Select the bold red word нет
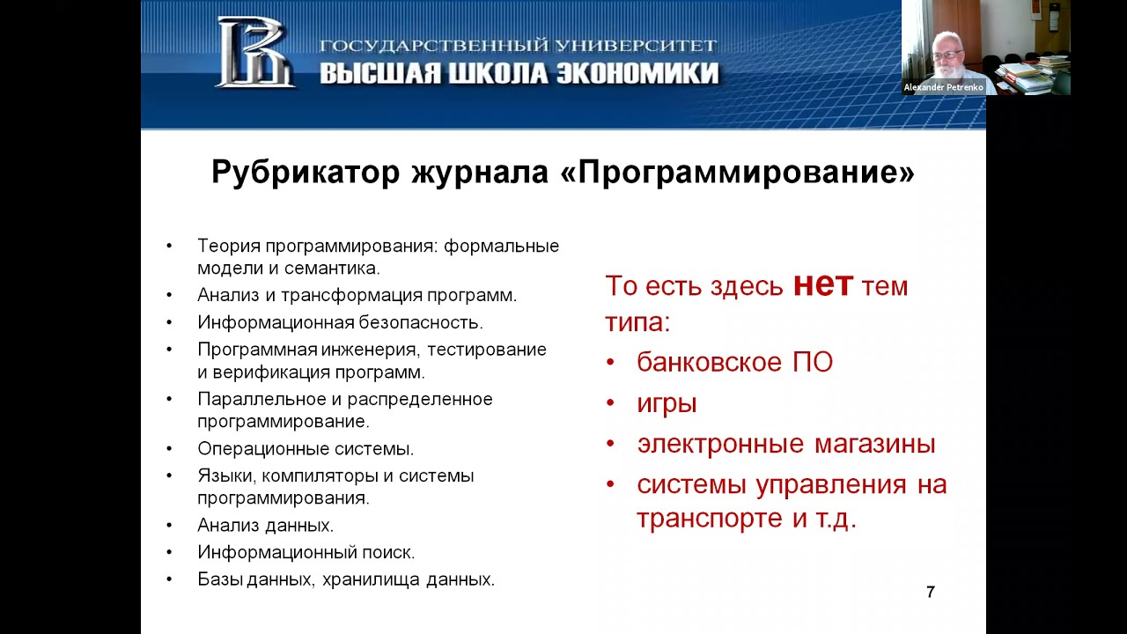coord(822,284)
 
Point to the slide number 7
coord(931,593)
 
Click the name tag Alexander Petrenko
coord(943,87)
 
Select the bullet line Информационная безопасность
coord(340,322)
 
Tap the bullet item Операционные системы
coord(306,448)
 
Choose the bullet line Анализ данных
coord(265,526)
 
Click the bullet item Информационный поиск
coord(306,552)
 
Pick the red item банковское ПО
coord(734,363)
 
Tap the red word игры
coord(667,403)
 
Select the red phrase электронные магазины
coord(785,444)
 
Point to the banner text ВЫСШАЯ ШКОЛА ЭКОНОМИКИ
coord(519,73)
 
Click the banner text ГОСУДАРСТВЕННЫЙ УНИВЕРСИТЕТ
coord(519,46)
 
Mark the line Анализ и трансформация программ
coord(357,295)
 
